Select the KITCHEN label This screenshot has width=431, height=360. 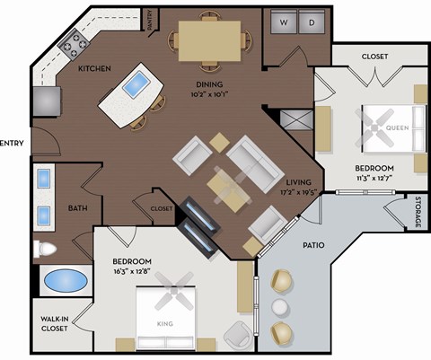pos(94,68)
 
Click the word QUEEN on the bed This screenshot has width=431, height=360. pos(396,127)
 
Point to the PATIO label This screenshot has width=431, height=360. pos(313,244)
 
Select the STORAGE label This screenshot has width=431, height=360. pos(418,212)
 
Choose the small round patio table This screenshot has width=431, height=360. pos(279,308)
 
